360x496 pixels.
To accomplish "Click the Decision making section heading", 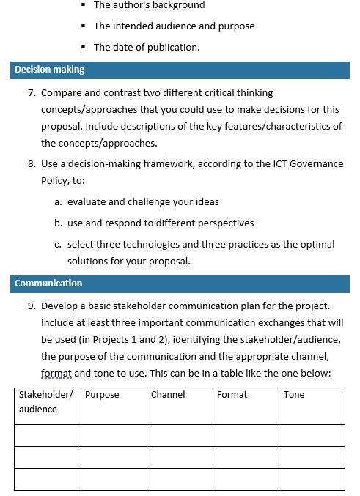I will [x=49, y=70].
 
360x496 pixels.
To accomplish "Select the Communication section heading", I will [x=48, y=283].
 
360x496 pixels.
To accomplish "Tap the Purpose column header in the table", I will [x=102, y=394].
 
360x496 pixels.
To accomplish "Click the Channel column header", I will [x=168, y=394].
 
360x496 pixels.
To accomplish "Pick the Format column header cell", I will [x=232, y=394].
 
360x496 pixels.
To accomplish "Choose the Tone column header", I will [x=294, y=394].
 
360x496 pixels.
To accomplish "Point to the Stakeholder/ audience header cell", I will [x=45, y=401].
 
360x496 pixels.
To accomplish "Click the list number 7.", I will [x=32, y=93].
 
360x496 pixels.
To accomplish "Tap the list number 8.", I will [x=32, y=163].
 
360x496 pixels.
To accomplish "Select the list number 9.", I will [x=32, y=306].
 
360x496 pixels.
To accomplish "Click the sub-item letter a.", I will [x=58, y=201].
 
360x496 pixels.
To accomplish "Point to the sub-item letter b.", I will [x=58, y=223].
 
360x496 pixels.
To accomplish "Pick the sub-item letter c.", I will [x=58, y=244].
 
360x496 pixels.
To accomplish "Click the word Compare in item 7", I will [x=62, y=93].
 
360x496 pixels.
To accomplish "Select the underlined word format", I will [x=56, y=374].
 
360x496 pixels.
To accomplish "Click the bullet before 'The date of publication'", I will [x=84, y=47].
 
